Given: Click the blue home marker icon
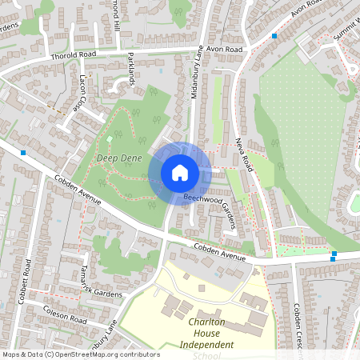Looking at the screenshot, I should click(180, 173).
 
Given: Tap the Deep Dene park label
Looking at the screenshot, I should click(119, 158).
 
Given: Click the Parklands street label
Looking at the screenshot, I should click(131, 70).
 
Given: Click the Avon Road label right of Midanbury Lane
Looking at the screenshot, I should click(223, 49).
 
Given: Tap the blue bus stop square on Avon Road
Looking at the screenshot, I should click(274, 36).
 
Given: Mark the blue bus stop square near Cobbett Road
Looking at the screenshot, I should click(23, 152).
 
